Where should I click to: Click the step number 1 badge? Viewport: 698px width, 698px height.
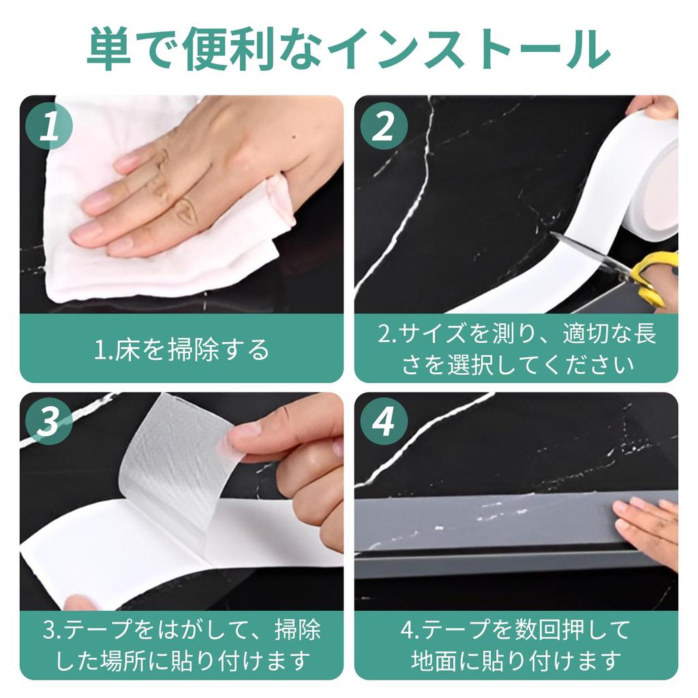tap(49, 126)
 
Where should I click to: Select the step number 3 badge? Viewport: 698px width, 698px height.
tap(49, 421)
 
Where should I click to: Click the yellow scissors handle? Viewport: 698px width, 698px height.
tap(654, 276)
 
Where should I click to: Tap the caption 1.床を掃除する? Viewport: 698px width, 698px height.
tap(181, 349)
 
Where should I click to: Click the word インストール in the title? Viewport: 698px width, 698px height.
tap(468, 49)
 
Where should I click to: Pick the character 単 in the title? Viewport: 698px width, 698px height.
tap(110, 49)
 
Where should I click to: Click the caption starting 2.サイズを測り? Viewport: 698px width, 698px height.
tap(517, 349)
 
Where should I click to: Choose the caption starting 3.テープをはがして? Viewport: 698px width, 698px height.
tap(181, 645)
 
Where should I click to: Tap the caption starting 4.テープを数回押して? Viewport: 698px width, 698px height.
tap(517, 645)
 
